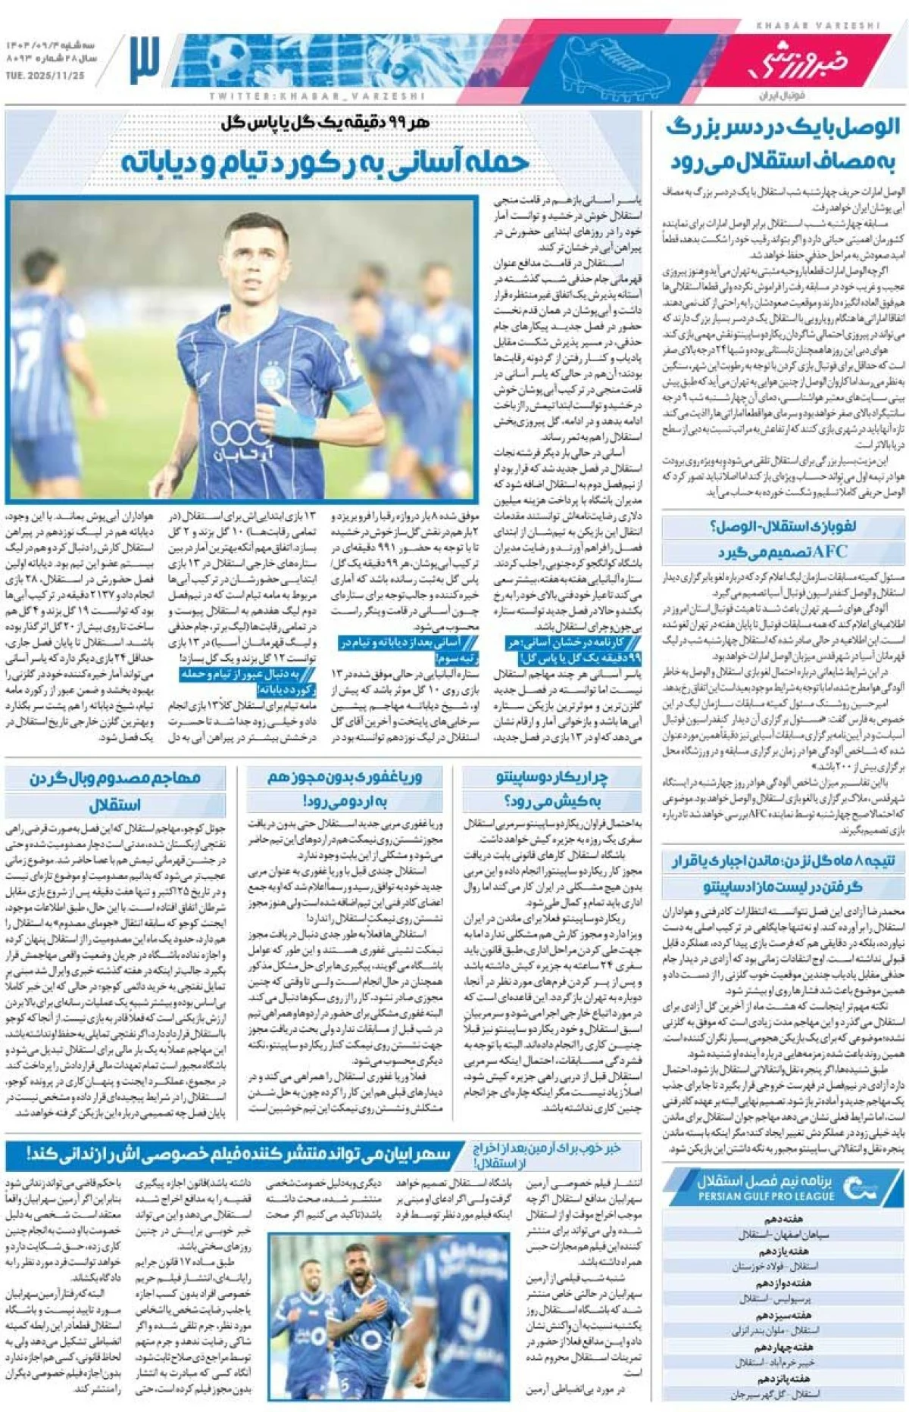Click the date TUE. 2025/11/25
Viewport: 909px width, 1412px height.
click(45, 76)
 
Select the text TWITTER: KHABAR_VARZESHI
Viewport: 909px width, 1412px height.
click(317, 97)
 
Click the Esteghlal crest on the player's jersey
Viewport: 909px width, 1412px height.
click(271, 377)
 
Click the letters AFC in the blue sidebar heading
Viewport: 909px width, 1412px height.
click(829, 551)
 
